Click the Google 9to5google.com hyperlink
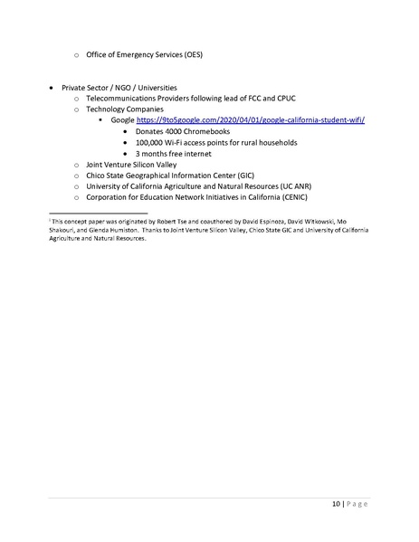point(250,120)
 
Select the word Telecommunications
point(122,98)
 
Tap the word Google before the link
point(122,120)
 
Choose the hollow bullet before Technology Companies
point(77,109)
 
